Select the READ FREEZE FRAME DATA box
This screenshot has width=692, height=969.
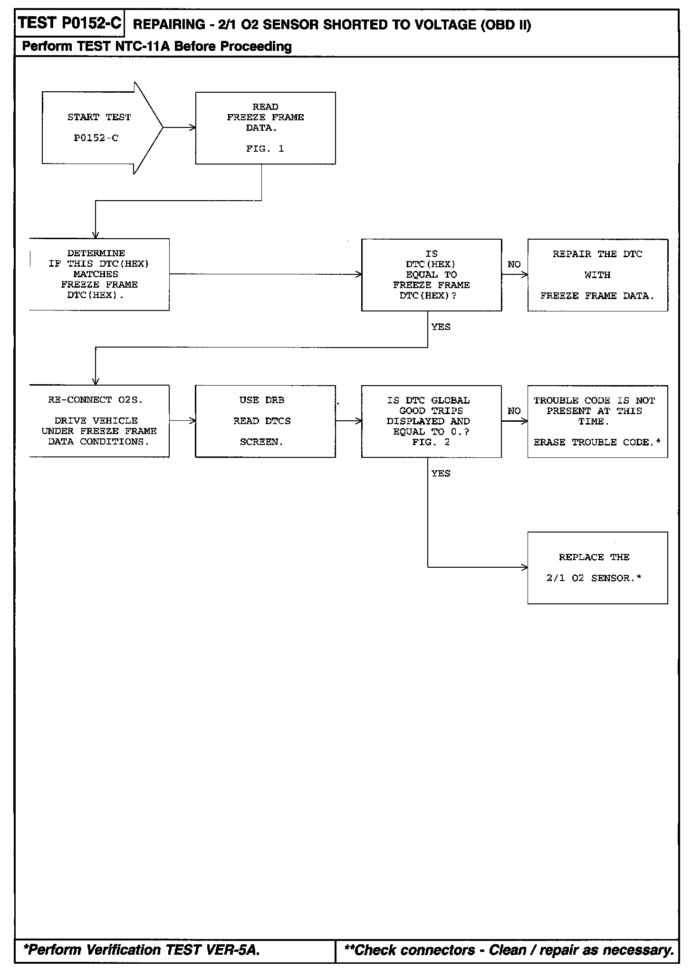coord(265,128)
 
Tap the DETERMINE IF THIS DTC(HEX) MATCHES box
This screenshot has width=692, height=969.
coord(99,274)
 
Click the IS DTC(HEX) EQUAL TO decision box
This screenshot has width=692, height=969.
coord(431,275)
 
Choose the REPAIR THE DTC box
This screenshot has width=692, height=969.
coord(597,275)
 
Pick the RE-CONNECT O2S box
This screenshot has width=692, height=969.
coord(99,421)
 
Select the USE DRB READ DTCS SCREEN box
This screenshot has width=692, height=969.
coord(265,421)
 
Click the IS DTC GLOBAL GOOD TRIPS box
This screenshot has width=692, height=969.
coord(431,421)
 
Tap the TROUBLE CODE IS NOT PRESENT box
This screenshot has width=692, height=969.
coord(597,421)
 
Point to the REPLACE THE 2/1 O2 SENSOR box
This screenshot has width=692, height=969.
coord(597,568)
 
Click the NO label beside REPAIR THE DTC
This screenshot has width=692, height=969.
coord(514,264)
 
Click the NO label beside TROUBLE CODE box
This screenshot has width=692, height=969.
coord(514,411)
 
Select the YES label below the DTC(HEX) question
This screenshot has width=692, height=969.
coord(441,327)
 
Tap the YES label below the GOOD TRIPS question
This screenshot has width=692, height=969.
coord(441,473)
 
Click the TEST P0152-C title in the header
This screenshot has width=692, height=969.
coord(70,23)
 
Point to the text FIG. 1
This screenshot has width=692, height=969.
coord(265,149)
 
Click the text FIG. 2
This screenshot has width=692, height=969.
coord(431,442)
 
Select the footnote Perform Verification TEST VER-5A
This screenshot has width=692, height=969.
coord(142,950)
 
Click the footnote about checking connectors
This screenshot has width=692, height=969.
coord(509,950)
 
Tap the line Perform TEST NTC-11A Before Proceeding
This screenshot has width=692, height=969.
coord(157,47)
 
